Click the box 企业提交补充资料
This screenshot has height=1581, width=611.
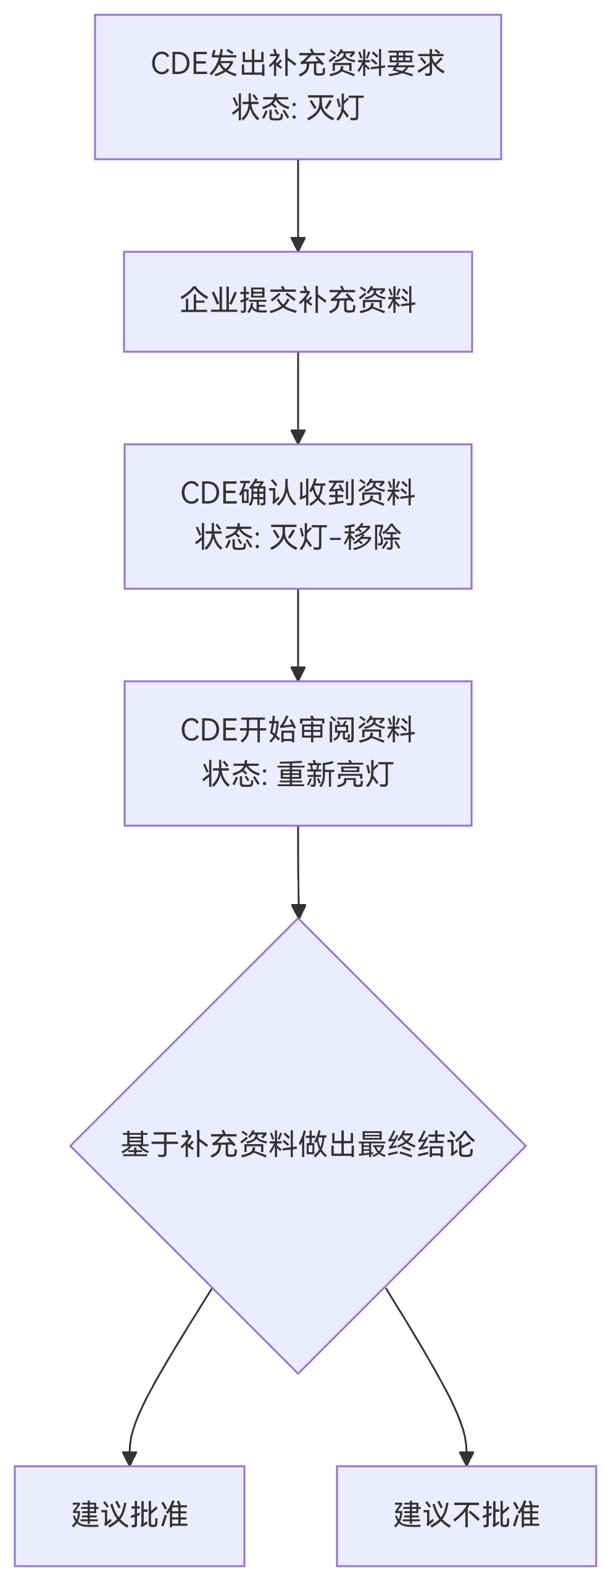click(297, 301)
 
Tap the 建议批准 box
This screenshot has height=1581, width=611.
click(130, 1514)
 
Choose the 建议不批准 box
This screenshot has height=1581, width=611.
click(467, 1514)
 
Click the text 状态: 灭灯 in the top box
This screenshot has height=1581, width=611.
click(297, 108)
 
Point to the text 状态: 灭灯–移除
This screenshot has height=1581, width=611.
click(297, 537)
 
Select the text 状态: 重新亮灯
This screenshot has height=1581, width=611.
click(297, 774)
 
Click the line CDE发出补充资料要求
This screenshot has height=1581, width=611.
click(297, 64)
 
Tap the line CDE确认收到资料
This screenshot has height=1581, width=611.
click(297, 493)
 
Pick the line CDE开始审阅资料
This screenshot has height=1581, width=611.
click(297, 730)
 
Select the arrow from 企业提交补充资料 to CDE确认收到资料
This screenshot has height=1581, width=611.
click(298, 397)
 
